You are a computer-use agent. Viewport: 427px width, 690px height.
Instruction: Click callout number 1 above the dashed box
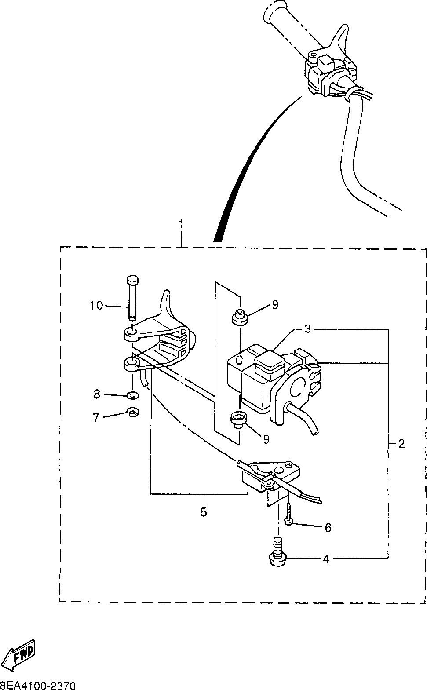[181, 224]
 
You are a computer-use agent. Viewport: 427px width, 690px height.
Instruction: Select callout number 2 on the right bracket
[401, 444]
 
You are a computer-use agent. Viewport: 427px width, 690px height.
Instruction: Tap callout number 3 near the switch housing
[308, 329]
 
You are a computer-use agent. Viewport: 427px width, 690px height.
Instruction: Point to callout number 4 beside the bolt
[326, 559]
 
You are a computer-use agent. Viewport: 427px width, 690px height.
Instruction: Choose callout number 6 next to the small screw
[328, 527]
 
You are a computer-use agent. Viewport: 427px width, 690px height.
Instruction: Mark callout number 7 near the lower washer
[95, 417]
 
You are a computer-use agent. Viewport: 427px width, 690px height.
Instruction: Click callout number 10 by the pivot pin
[96, 305]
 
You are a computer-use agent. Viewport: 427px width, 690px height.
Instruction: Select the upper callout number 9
[275, 305]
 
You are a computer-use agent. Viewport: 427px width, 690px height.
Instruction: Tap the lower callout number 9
[266, 438]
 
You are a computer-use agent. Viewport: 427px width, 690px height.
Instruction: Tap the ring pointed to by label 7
[132, 413]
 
